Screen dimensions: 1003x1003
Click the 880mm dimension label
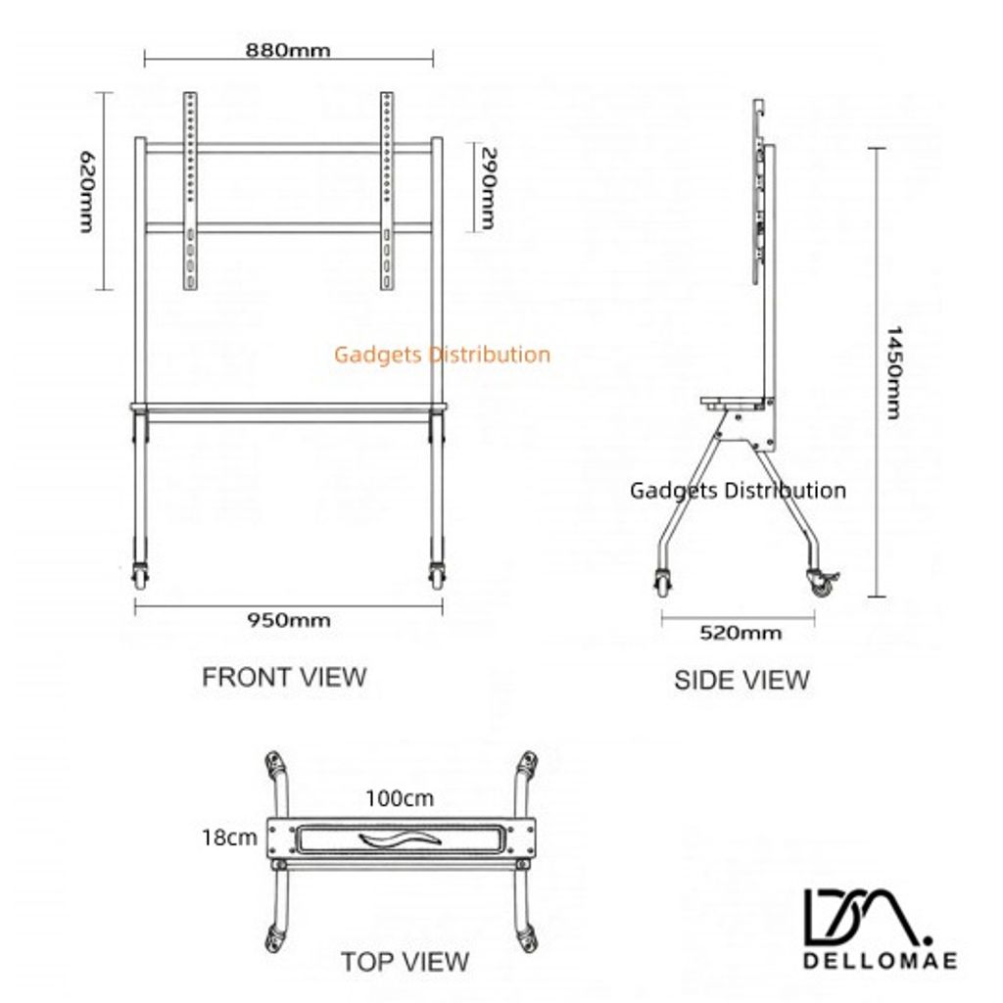tap(288, 50)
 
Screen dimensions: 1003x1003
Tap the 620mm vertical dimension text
tap(86, 191)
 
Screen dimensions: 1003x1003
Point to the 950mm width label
tap(289, 620)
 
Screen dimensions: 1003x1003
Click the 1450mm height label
tap(893, 372)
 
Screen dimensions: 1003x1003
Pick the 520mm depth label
tap(740, 633)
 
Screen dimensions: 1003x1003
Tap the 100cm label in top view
tap(400, 798)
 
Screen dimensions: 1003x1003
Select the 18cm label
tap(229, 837)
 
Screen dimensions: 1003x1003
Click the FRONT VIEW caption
tap(284, 677)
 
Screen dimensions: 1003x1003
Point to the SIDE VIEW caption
tap(741, 680)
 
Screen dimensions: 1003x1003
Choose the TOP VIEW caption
tap(405, 962)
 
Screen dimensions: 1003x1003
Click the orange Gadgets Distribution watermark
tap(442, 355)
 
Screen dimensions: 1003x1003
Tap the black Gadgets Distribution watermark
tap(738, 491)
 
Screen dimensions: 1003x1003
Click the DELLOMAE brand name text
tap(881, 960)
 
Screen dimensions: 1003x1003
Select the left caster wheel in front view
tap(139, 576)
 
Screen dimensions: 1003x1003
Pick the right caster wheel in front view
tap(438, 576)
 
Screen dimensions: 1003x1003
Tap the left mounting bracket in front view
tap(190, 191)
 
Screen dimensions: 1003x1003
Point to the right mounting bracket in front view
tap(386, 191)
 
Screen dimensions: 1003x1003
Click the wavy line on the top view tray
tap(400, 838)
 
